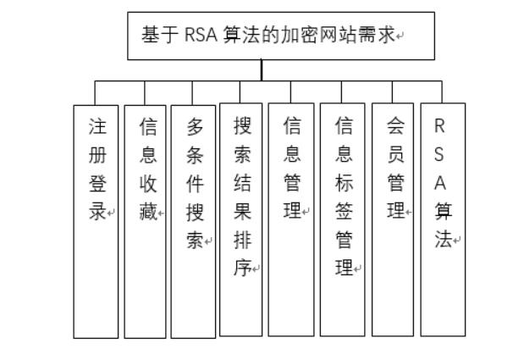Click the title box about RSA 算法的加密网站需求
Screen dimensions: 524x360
[280, 36]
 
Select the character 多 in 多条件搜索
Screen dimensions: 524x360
[194, 127]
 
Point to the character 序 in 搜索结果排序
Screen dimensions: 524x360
[241, 269]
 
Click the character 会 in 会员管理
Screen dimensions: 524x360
[394, 127]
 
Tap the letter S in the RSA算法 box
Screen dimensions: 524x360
[439, 155]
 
